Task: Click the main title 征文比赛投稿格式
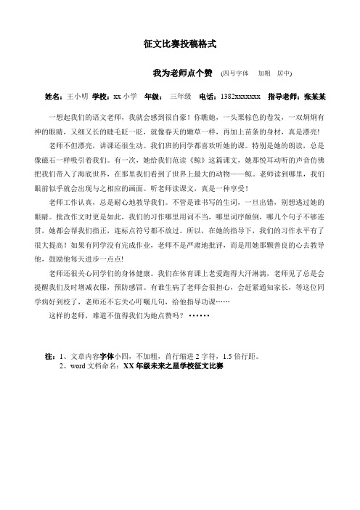tap(180, 44)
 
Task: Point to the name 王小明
tap(77, 95)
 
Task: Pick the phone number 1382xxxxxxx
tap(237, 95)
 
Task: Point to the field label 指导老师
tap(282, 95)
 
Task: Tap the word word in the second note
tap(76, 367)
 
